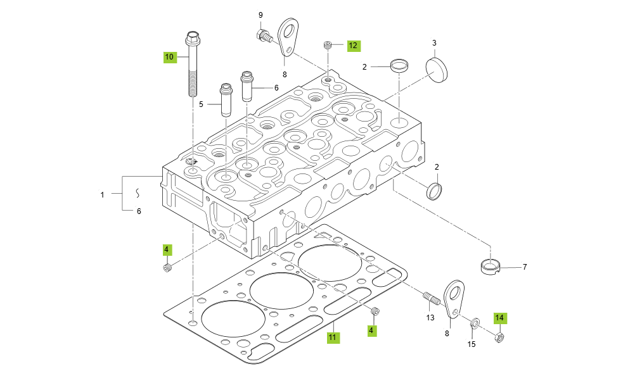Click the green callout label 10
[169, 57]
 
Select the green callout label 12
[353, 46]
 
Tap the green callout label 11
[333, 337]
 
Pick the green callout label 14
[499, 318]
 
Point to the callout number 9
[260, 15]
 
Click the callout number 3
[434, 43]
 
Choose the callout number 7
[524, 267]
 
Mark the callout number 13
[430, 317]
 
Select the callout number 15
[471, 344]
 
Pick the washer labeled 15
[473, 325]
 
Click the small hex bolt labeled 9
[262, 34]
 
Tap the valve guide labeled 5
[226, 99]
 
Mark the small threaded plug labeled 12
[328, 45]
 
